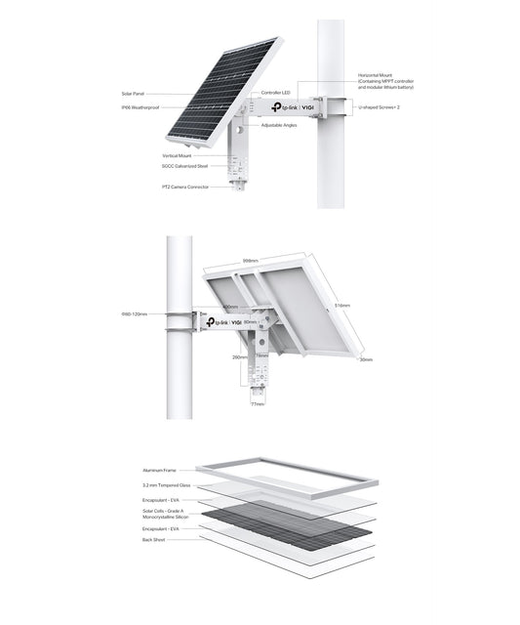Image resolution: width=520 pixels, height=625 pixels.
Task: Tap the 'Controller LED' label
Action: [x=263, y=93]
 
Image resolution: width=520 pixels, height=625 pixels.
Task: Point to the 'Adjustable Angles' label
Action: [x=278, y=125]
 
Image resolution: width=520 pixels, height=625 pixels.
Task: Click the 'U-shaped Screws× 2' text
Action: [x=380, y=108]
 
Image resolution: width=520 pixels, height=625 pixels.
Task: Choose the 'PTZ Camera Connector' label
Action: [x=185, y=187]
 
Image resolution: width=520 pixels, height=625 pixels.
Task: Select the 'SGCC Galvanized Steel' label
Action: [x=184, y=166]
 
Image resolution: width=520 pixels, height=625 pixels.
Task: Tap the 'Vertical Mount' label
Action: [x=178, y=155]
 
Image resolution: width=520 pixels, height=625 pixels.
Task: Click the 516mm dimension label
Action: [x=341, y=305]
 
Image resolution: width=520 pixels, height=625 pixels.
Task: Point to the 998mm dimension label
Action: [x=250, y=261]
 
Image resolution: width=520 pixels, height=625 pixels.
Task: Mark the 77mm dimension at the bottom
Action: [x=258, y=402]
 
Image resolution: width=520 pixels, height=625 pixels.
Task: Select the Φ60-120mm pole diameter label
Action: [x=134, y=314]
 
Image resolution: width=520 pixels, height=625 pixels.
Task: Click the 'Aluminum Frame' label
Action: [x=158, y=470]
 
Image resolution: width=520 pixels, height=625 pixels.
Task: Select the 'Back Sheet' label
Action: [x=154, y=539]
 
